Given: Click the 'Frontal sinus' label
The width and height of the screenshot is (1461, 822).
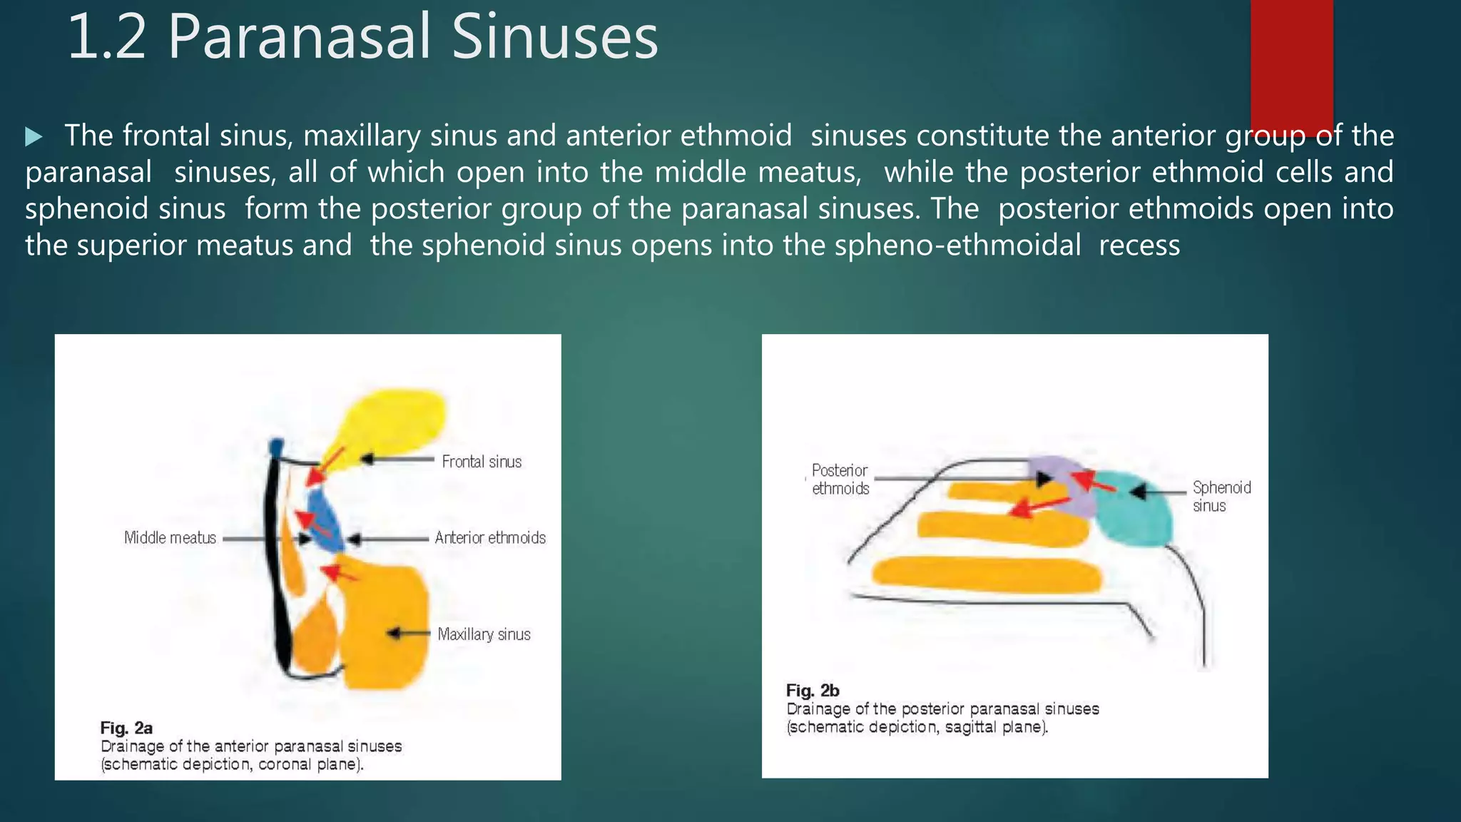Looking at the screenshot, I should [x=482, y=462].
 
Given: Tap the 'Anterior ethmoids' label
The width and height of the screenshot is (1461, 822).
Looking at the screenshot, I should [x=490, y=537].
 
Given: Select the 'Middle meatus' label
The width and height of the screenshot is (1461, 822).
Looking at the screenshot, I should [x=170, y=537].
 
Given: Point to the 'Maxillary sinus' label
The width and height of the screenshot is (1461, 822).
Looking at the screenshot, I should [x=484, y=634].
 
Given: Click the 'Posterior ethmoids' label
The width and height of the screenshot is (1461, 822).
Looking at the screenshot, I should [x=840, y=479].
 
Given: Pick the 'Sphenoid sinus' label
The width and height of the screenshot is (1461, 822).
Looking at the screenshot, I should [x=1221, y=497].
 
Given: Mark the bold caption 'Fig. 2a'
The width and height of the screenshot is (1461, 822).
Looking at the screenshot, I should [x=126, y=728].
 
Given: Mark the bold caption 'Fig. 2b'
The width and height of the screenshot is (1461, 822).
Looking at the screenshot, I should [x=813, y=691].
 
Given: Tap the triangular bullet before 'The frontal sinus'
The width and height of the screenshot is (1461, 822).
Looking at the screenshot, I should [x=34, y=136].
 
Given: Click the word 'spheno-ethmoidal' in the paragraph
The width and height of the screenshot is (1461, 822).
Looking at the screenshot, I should [x=957, y=245].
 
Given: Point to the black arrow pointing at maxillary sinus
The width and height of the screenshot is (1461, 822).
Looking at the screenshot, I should [x=407, y=634].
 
